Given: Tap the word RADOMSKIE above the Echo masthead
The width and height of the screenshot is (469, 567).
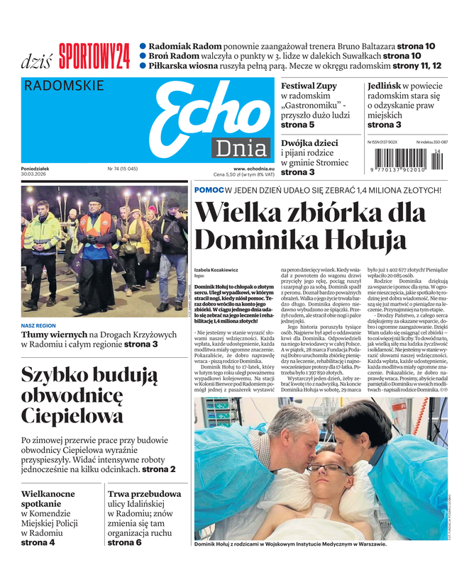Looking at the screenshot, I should click(64, 86).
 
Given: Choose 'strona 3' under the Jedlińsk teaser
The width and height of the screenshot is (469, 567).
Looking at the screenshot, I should click(384, 125).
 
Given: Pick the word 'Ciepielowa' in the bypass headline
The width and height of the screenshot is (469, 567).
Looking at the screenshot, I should click(72, 415).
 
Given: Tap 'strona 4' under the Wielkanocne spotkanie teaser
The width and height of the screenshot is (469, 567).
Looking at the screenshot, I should click(38, 542).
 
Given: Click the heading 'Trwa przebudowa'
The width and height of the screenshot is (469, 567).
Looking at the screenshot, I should click(144, 494).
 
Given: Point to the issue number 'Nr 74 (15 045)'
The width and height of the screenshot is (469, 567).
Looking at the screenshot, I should click(122, 169).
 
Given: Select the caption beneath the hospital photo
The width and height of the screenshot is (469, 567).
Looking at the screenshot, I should click(290, 544).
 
